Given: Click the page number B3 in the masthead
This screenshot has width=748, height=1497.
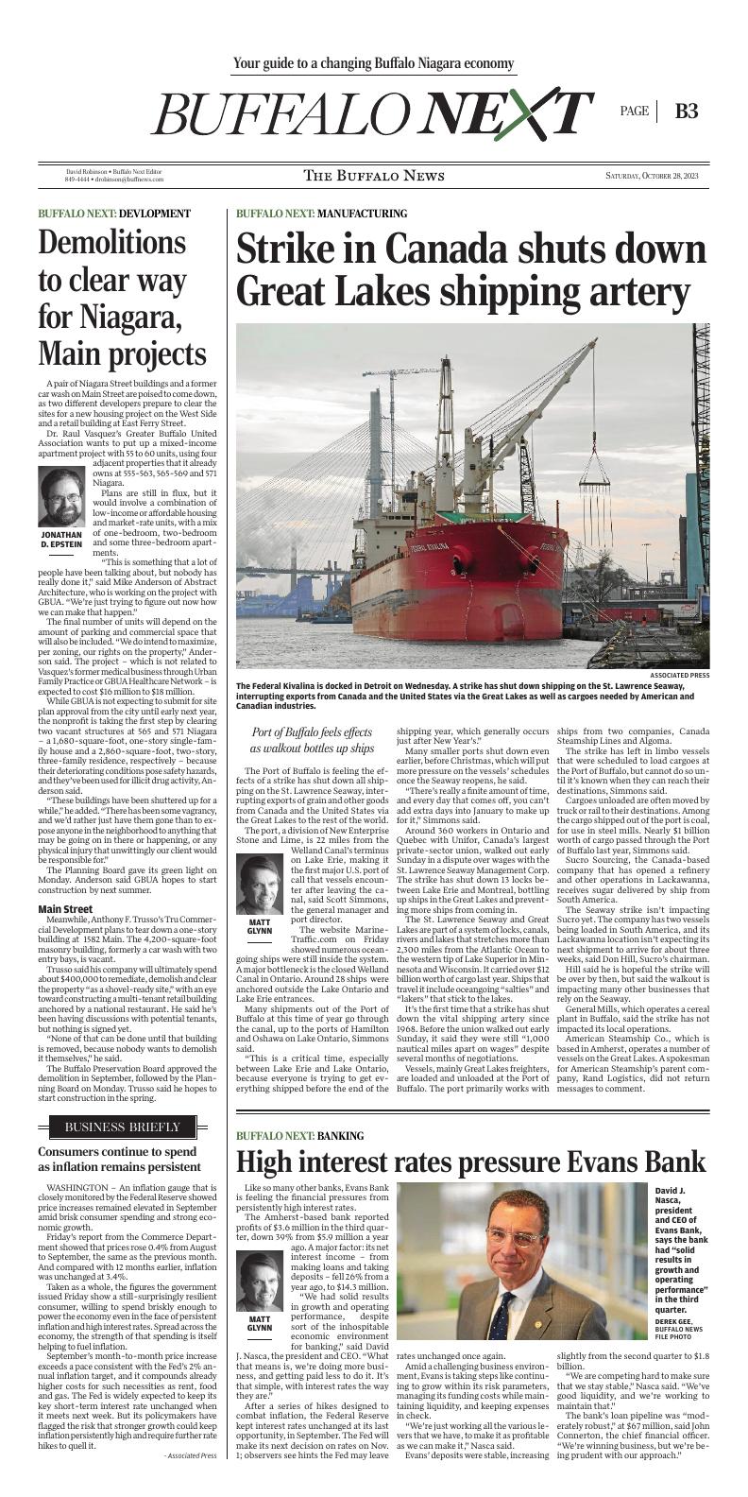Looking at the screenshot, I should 687,111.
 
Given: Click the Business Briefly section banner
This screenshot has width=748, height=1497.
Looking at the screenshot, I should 122,1127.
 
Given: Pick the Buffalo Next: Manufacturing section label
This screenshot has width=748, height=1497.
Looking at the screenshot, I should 321,214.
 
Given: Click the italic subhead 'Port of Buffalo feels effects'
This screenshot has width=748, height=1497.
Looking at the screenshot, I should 313,732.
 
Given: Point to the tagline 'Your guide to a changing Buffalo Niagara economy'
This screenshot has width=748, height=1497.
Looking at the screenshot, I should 374,63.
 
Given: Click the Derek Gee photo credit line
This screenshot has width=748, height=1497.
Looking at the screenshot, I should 674,1321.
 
